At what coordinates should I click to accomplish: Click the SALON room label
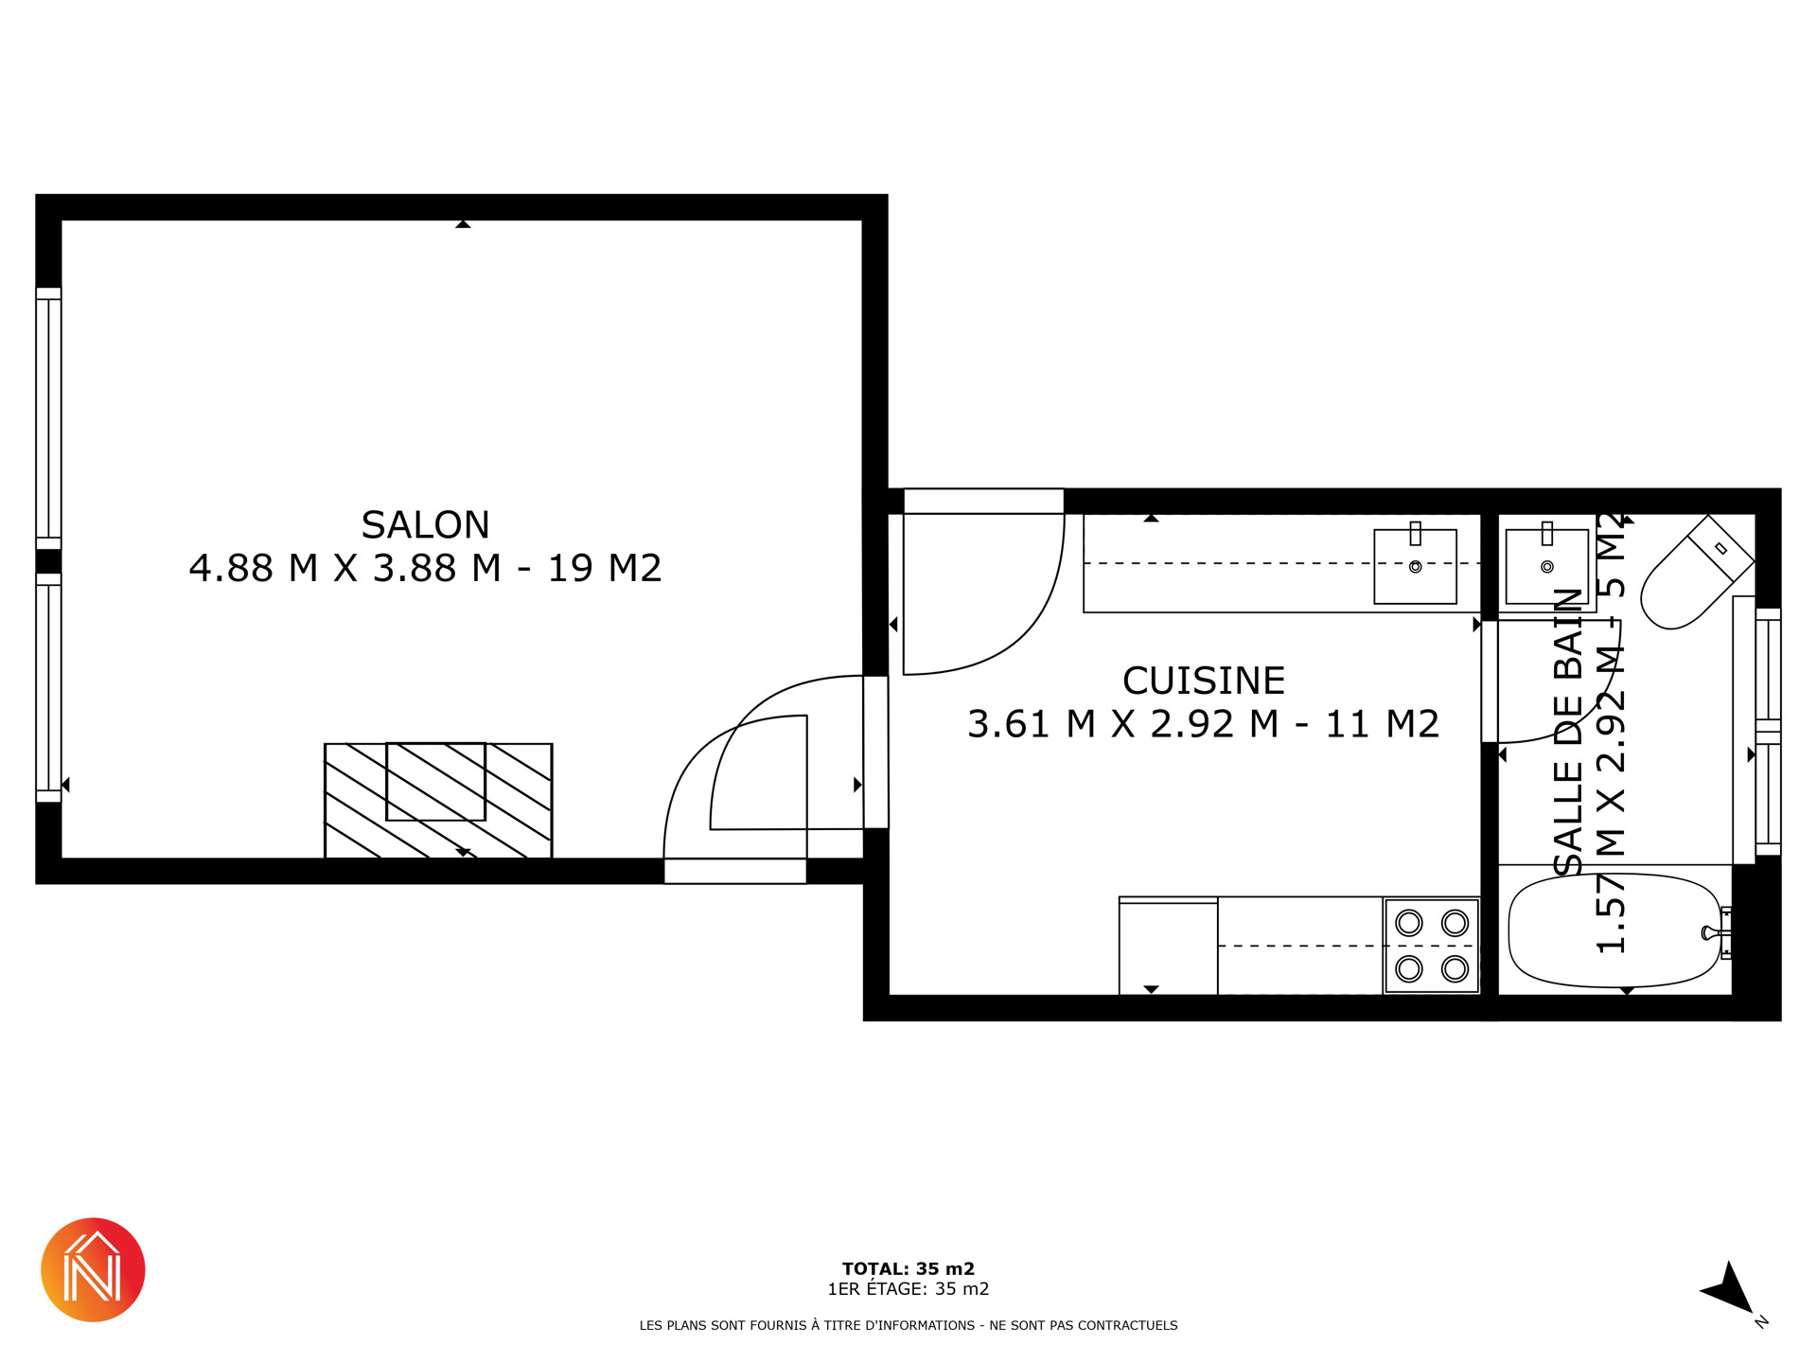[x=425, y=524]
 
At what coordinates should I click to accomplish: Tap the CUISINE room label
[x=1203, y=681]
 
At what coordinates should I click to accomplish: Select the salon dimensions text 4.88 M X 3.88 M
[x=344, y=568]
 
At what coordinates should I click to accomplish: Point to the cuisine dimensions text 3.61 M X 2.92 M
[x=1122, y=724]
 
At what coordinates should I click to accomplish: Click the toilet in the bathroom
[x=1696, y=573]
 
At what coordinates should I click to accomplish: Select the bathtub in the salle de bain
[x=1615, y=930]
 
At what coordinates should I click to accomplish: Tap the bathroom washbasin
[x=1547, y=566]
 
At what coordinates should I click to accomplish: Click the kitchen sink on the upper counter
[x=1415, y=566]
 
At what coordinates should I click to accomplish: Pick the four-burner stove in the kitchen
[x=1432, y=946]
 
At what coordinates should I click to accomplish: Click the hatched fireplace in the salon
[x=438, y=801]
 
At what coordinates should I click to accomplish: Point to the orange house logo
[x=93, y=1269]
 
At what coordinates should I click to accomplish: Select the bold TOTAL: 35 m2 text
[x=908, y=1268]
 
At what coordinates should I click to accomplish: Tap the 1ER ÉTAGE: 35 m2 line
[x=908, y=1288]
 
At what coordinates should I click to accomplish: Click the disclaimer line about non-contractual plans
[x=908, y=1325]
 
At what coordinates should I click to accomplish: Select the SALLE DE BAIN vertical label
[x=1568, y=732]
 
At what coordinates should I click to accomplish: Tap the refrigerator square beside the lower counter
[x=1168, y=946]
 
